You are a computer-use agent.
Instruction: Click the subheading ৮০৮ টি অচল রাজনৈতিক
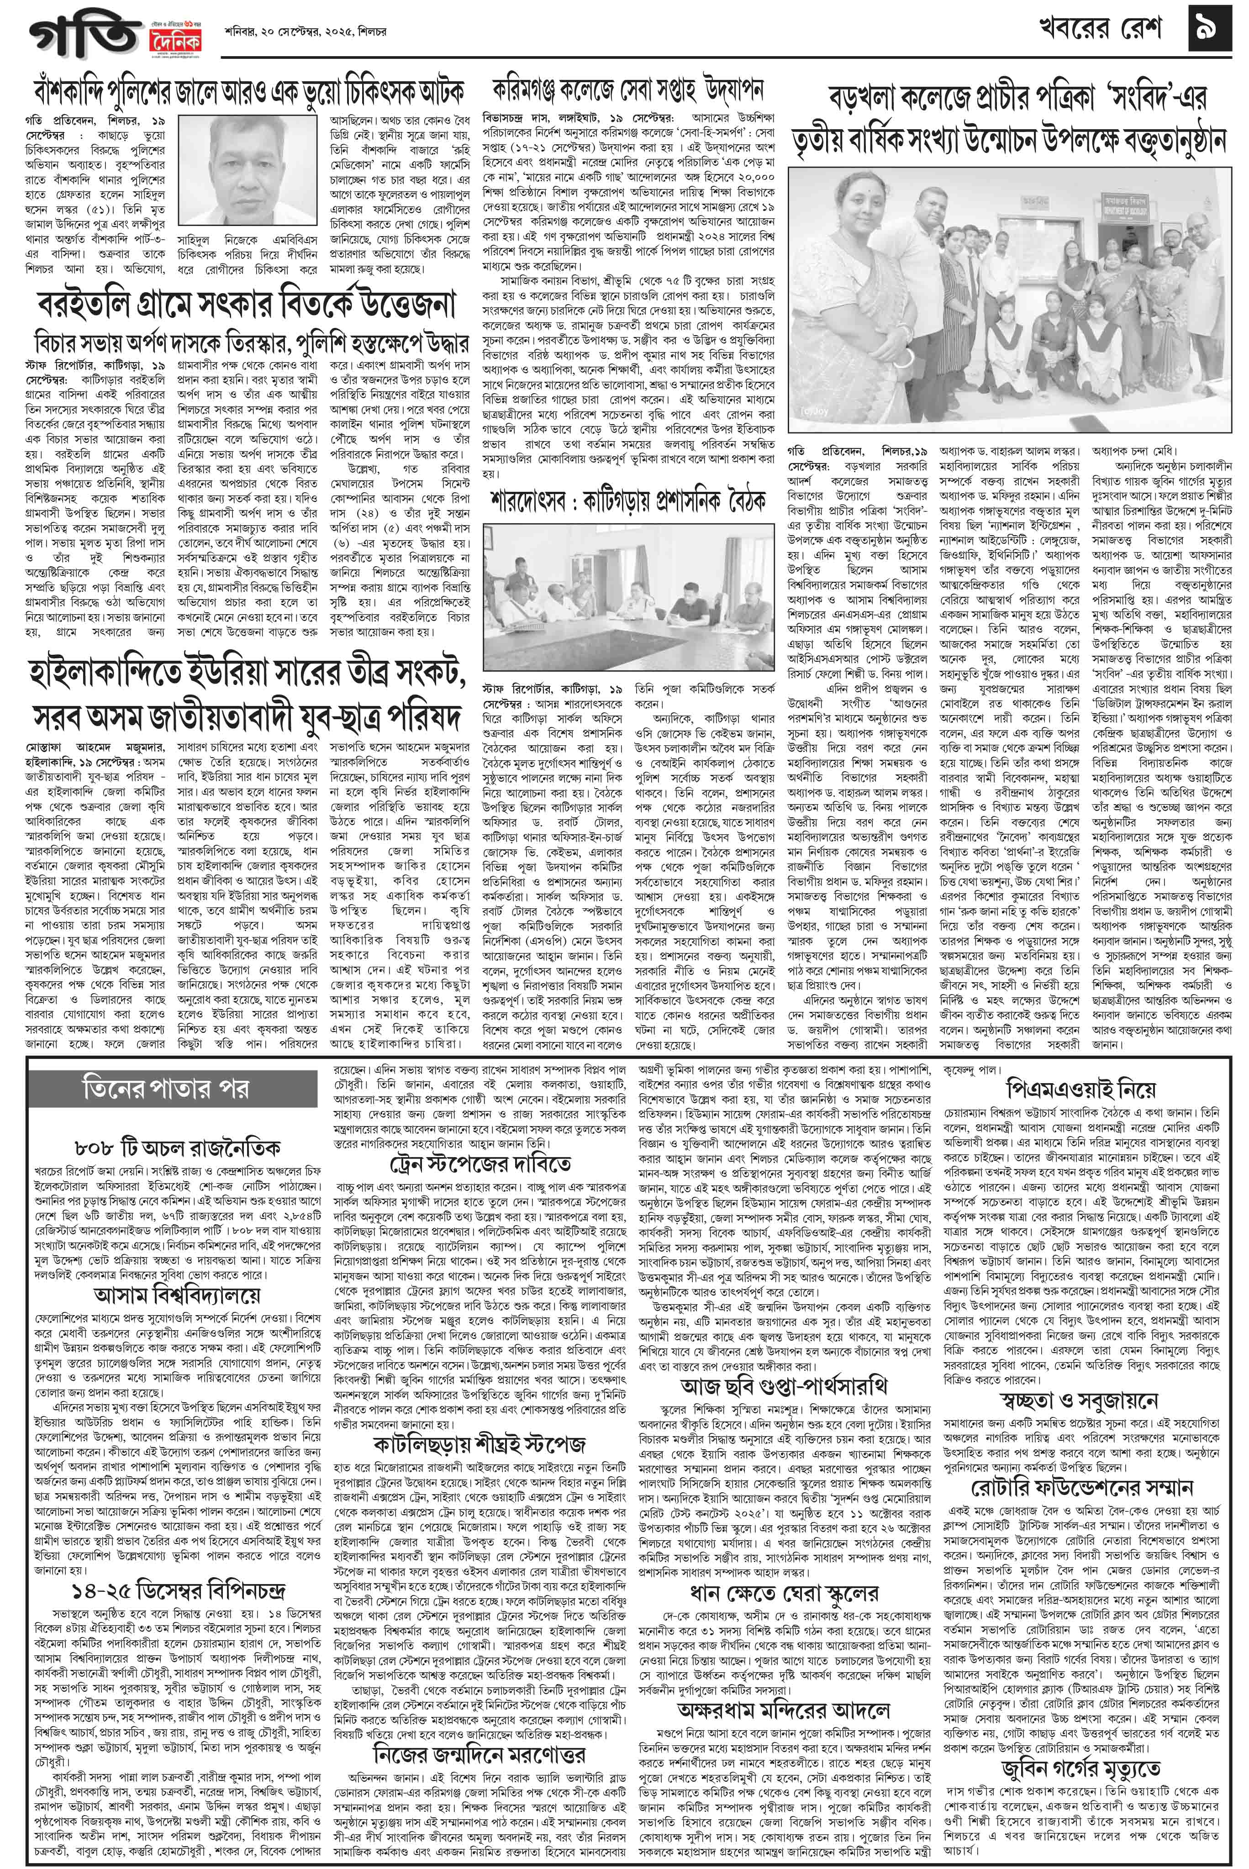click(176, 1148)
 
